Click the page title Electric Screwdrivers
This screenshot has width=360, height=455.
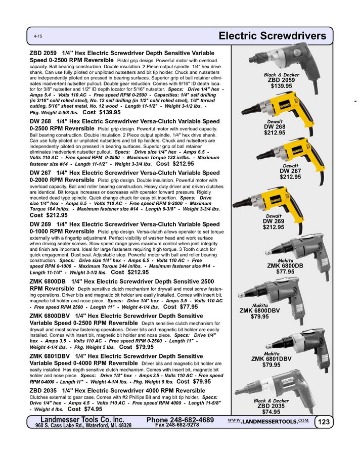tap(275, 36)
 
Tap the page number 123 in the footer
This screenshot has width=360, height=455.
tap(324, 422)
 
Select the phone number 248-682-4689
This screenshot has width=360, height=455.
tap(180, 420)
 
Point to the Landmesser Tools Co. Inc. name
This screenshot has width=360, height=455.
tap(82, 420)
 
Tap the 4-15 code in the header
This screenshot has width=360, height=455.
tap(38, 37)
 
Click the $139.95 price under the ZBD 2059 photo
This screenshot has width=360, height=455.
tap(282, 86)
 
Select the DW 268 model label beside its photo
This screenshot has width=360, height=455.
tap(275, 127)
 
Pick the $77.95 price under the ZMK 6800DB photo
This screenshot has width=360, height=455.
tap(285, 271)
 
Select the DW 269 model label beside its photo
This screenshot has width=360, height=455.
tap(273, 221)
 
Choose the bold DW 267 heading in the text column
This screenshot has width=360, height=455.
tap(42, 173)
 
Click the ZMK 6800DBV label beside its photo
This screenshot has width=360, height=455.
tap(261, 311)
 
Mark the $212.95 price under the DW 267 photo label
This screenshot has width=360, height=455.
tap(290, 177)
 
